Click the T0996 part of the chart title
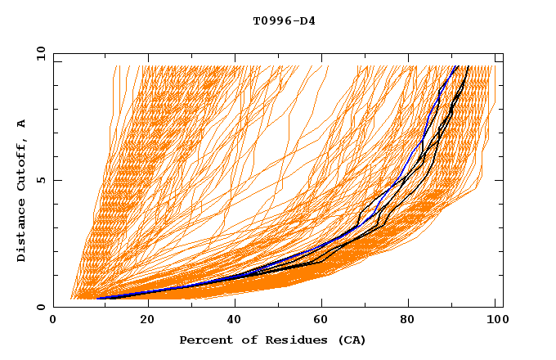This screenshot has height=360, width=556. click(x=269, y=20)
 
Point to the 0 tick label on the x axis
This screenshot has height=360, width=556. click(x=54, y=321)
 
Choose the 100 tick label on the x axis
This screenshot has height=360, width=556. click(x=495, y=321)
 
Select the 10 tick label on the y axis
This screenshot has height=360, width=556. click(x=38, y=53)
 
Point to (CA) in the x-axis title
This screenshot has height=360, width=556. click(x=349, y=340)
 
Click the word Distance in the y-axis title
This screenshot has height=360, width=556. click(x=21, y=232)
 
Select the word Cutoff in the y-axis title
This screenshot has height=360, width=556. click(x=21, y=168)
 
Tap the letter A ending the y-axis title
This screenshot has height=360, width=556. click(x=21, y=124)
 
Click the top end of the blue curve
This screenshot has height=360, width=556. click(x=455, y=66)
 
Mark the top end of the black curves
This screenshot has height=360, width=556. click(x=469, y=66)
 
